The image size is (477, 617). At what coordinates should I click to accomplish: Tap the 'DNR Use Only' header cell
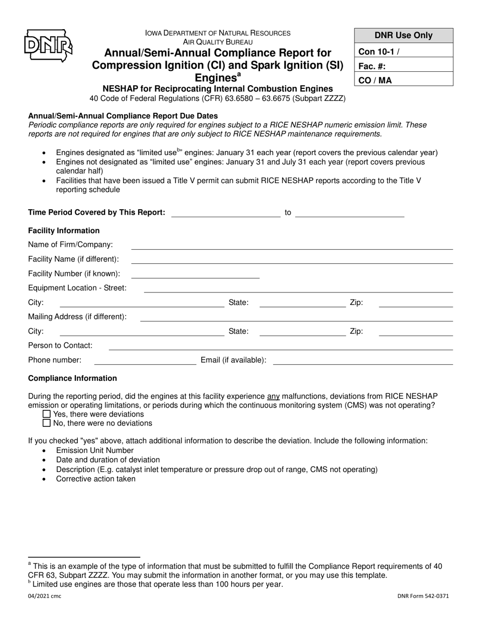click(404, 36)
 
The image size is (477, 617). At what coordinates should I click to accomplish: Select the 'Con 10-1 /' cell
click(404, 51)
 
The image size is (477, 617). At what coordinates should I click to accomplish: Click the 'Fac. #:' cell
click(404, 66)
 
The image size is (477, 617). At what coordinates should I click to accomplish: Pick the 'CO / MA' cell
click(404, 80)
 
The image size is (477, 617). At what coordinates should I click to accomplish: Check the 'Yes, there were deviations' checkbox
click(47, 414)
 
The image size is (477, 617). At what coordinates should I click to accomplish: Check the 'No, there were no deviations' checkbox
click(47, 423)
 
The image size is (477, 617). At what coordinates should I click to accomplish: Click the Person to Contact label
click(60, 346)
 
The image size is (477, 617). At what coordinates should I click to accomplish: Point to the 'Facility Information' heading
click(64, 231)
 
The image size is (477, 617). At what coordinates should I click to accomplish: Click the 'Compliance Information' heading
click(72, 378)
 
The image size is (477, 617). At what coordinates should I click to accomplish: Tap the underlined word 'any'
click(273, 396)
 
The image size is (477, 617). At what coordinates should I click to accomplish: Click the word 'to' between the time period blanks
click(288, 213)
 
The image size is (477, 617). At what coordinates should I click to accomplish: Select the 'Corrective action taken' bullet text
click(95, 479)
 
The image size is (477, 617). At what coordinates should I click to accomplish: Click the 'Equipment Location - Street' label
click(77, 288)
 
